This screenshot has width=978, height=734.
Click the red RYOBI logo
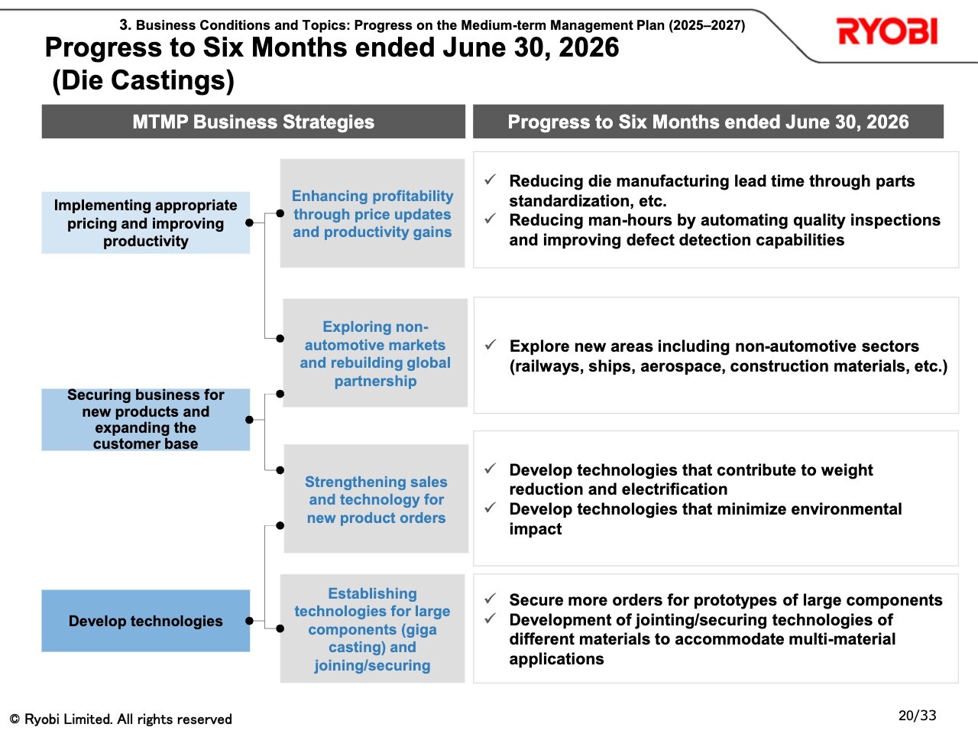click(x=886, y=31)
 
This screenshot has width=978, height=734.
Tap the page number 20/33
click(x=917, y=716)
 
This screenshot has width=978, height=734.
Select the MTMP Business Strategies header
click(x=254, y=122)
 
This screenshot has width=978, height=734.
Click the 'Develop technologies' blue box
click(x=146, y=621)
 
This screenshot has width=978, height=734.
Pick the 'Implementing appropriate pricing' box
click(x=146, y=222)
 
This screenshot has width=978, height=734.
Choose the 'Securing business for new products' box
click(x=146, y=419)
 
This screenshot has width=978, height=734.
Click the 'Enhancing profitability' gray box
click(x=373, y=213)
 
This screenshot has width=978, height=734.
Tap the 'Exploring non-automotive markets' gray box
click(x=375, y=353)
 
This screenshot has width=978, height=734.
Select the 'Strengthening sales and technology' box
click(x=376, y=499)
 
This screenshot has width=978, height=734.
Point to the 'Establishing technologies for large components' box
click(x=373, y=628)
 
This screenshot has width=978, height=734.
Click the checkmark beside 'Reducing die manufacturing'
click(x=490, y=180)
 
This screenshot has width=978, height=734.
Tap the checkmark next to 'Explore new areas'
click(x=491, y=345)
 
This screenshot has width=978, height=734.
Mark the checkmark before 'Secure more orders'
click(x=490, y=599)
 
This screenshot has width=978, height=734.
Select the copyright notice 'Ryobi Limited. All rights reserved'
click(x=128, y=719)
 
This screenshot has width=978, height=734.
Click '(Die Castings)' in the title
click(x=143, y=81)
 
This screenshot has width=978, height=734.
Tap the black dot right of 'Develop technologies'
click(x=250, y=621)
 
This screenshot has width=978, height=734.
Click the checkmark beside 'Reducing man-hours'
click(x=490, y=219)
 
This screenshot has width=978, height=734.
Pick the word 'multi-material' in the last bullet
click(x=842, y=639)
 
